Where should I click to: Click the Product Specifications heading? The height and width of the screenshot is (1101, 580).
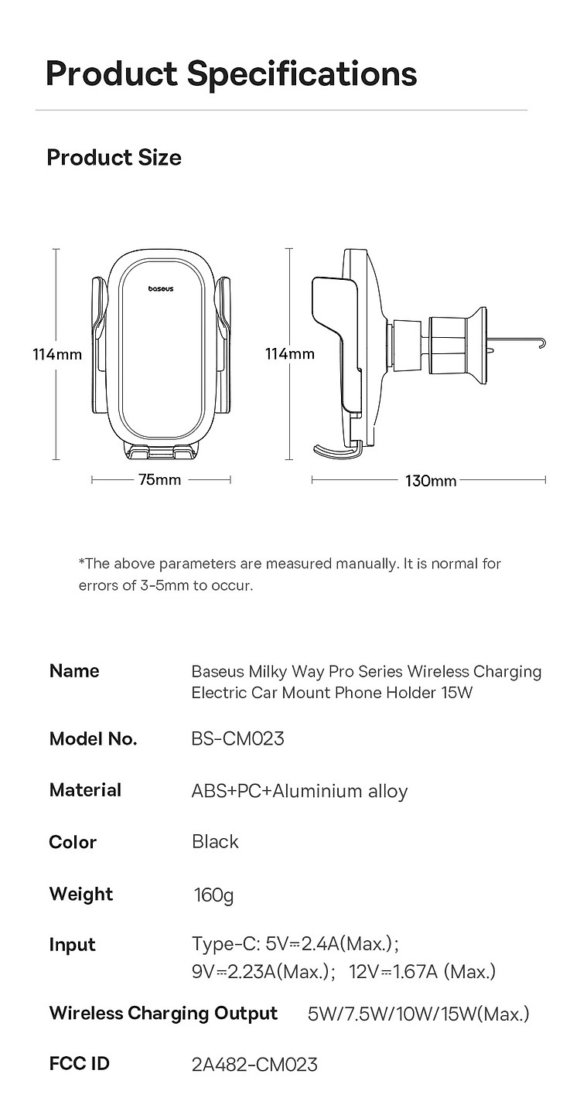point(231,73)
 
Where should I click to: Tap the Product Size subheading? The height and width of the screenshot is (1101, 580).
point(114,158)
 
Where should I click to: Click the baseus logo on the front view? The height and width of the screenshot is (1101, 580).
point(161,289)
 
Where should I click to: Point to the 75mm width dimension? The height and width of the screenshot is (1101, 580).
point(160,480)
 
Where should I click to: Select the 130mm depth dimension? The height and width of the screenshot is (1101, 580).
point(431,481)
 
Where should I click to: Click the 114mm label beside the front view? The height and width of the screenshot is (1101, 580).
point(56,355)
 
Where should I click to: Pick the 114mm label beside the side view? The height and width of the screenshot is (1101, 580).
point(290,354)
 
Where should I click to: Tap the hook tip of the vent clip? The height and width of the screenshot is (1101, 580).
point(544,342)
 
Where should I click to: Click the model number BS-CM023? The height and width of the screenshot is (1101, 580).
point(237,739)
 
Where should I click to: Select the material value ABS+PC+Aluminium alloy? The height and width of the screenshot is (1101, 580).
point(299,791)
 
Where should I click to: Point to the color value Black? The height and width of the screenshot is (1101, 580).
point(215,842)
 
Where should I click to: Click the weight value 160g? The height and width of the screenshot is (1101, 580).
point(213,895)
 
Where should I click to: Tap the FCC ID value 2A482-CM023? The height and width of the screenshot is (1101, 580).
point(254,1065)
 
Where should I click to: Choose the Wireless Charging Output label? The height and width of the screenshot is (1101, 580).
point(163,1014)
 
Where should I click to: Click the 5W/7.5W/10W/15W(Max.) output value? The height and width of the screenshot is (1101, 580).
point(418,1014)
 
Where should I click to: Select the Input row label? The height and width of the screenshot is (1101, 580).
point(72,945)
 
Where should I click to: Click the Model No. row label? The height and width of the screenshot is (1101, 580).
point(93,739)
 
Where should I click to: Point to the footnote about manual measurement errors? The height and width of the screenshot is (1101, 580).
point(290,574)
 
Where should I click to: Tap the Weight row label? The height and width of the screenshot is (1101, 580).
point(80,895)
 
